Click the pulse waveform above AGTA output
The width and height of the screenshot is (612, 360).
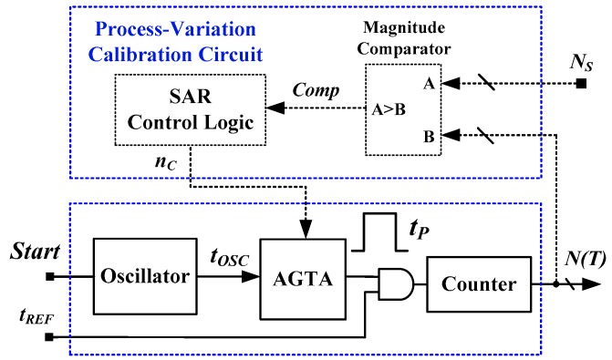[x=375, y=235]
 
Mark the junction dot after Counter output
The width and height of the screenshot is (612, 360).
[x=556, y=284]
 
